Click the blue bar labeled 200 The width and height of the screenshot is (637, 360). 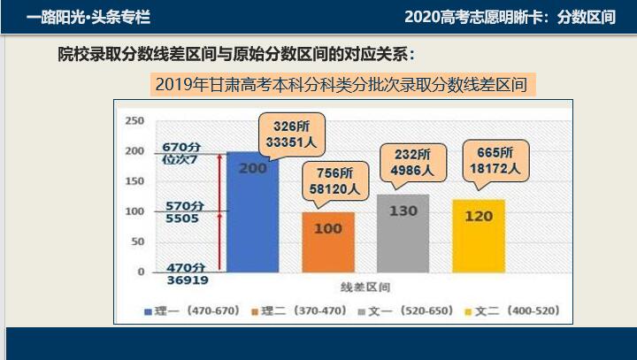252,212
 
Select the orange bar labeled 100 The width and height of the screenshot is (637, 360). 327,241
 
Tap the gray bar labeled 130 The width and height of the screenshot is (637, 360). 403,233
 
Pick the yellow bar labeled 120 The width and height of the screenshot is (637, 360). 479,235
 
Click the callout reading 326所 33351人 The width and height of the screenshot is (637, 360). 291,134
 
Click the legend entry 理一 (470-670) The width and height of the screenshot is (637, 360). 191,311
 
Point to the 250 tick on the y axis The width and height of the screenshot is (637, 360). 134,120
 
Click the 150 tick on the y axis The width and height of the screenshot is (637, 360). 134,181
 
